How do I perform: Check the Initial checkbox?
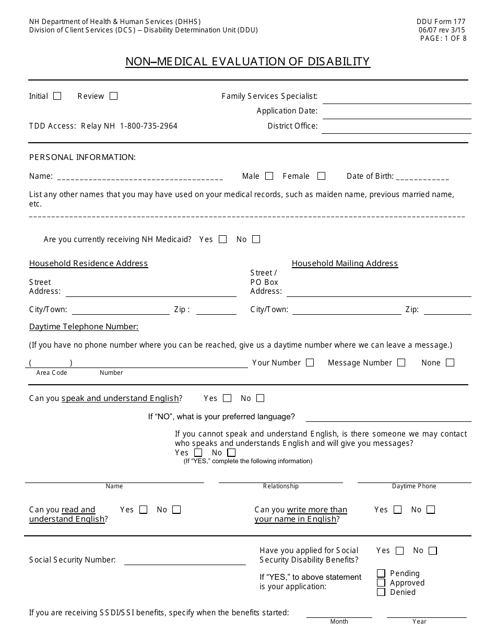[57, 96]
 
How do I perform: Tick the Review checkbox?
[113, 96]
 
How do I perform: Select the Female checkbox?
[322, 176]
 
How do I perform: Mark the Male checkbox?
[269, 176]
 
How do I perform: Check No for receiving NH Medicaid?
[256, 239]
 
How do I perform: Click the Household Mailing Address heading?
[345, 263]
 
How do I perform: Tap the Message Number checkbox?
[401, 363]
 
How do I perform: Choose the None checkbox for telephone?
[450, 363]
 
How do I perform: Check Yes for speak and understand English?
[227, 398]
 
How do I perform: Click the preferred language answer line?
[388, 418]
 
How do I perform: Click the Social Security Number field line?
[185, 561]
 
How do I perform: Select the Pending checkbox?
[381, 573]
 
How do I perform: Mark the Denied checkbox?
[381, 592]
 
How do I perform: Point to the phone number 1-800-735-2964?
[149, 126]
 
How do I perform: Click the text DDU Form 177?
[441, 21]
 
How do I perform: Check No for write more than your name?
[430, 510]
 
